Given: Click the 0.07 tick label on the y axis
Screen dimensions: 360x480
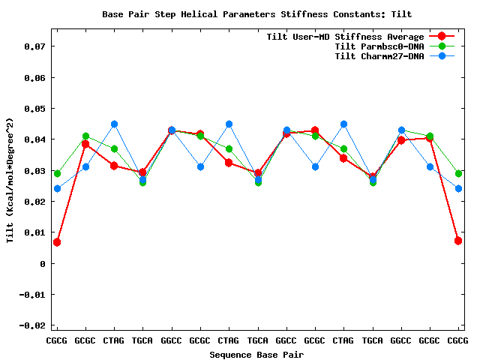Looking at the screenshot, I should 34,46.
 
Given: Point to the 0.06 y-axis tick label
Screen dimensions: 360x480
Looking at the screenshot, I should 34,77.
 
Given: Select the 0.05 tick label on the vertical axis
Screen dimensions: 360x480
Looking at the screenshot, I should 34,109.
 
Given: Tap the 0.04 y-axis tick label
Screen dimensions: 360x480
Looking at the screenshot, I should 34,139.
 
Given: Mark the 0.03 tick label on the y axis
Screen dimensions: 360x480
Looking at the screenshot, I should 34,171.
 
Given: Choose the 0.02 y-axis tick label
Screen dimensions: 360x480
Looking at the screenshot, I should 34,202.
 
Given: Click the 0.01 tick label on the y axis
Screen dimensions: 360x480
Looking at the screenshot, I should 34,232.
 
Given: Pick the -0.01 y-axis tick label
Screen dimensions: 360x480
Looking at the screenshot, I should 31,295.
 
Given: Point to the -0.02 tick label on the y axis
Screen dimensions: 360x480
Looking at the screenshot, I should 31,325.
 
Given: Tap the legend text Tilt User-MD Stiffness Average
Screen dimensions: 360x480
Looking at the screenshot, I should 345,37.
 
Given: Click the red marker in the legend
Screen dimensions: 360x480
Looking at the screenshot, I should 442,37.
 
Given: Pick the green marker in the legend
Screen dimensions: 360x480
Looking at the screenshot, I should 442,46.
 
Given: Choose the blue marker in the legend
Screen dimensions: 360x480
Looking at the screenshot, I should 442,56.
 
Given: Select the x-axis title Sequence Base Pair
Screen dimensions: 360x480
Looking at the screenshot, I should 256,354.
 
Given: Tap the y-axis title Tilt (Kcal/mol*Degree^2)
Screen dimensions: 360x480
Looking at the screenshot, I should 10,180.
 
